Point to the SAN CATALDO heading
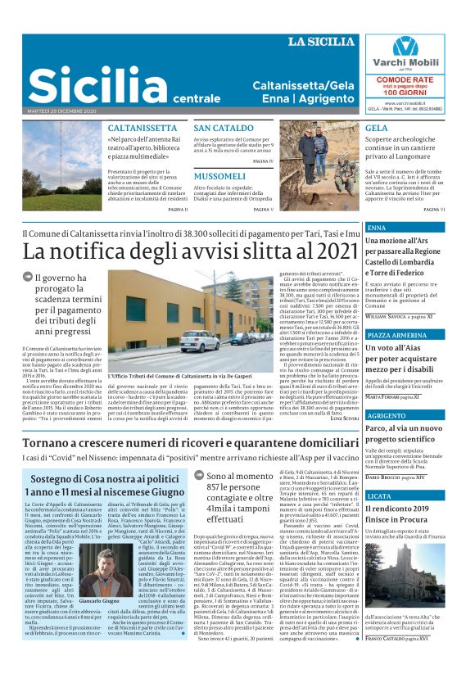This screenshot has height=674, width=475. [224, 129]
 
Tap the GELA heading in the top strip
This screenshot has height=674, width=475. [377, 129]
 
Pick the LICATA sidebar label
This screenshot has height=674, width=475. [380, 496]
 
